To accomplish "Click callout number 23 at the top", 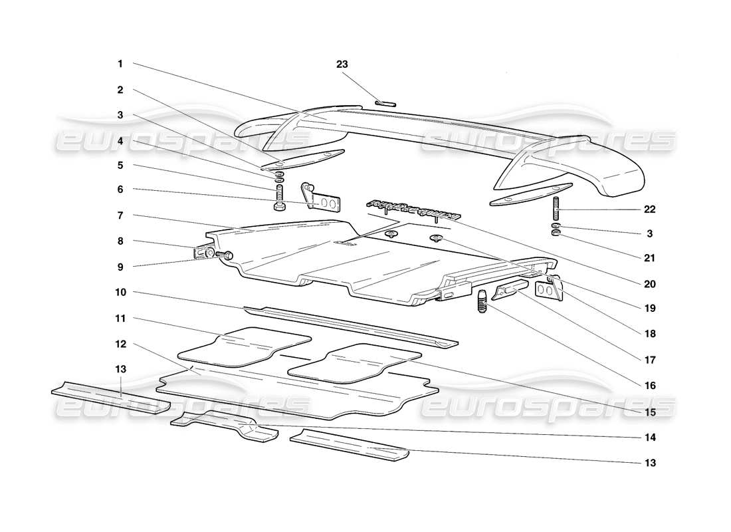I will coord(342,65).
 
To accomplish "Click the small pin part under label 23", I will coord(385,102).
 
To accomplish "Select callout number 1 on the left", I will coord(120,65).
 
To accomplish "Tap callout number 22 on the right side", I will coord(649,209).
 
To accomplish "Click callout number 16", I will coord(649,385).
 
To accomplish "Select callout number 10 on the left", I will coord(120,292).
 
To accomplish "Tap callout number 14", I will coord(649,438).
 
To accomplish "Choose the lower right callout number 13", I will coord(649,463).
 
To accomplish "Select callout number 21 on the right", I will coord(649,259).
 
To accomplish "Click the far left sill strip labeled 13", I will coord(110,398).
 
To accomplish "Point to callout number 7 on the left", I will coord(120,215).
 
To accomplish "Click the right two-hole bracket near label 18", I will coord(546,291).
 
